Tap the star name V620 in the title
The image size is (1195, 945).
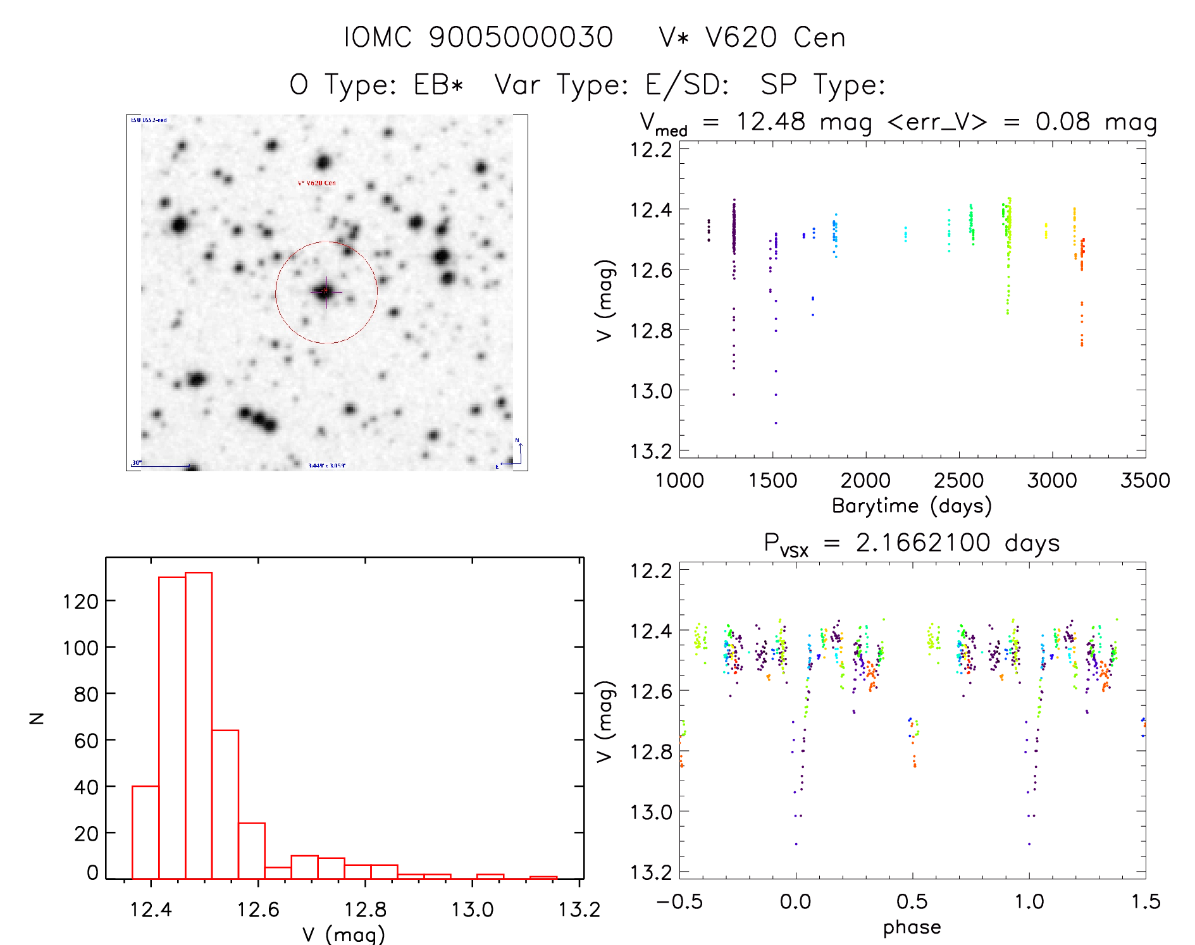(x=741, y=37)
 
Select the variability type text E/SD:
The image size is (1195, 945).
(x=687, y=84)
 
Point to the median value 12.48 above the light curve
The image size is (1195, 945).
(x=771, y=121)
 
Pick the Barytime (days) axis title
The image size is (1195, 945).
(x=912, y=505)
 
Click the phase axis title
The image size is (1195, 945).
(x=912, y=927)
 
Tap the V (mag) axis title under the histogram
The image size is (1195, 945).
(x=344, y=934)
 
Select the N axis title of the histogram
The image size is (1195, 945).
(x=37, y=718)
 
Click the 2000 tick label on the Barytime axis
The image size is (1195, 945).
(x=865, y=480)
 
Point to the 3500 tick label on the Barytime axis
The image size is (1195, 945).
(x=1145, y=480)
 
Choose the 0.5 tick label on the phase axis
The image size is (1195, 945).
(x=912, y=901)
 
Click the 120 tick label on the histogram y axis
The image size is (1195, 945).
(x=80, y=601)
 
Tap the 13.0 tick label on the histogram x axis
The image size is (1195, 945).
(x=472, y=910)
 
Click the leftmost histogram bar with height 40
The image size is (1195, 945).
(x=146, y=832)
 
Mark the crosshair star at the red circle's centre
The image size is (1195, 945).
(x=326, y=291)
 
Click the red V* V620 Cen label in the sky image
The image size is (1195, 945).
(x=317, y=183)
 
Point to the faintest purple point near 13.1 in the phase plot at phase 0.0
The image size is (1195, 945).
(x=796, y=844)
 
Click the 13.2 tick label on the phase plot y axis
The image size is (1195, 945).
(x=651, y=872)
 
